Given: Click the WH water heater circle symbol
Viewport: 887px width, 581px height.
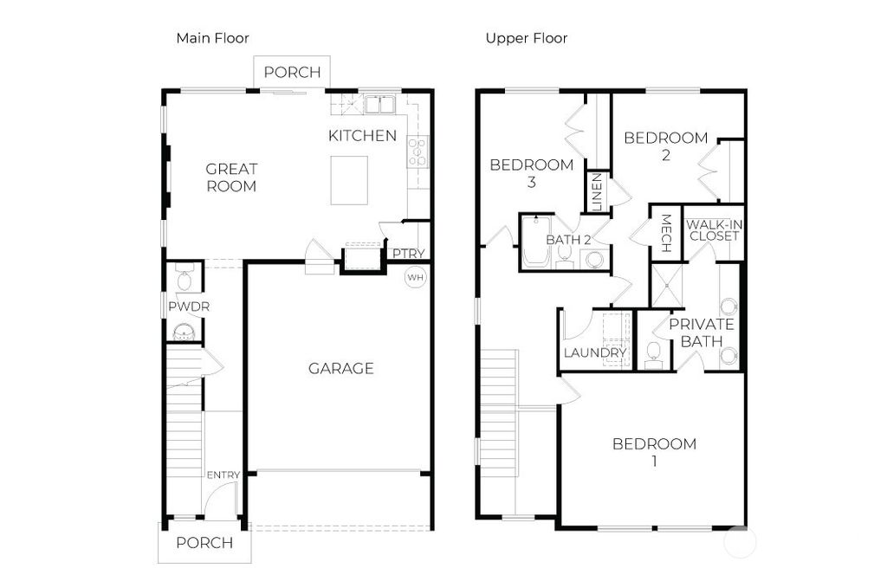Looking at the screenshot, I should pyautogui.click(x=416, y=277).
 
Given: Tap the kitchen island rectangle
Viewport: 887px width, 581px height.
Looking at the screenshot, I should pyautogui.click(x=349, y=180).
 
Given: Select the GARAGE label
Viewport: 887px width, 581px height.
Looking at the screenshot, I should pyautogui.click(x=341, y=369).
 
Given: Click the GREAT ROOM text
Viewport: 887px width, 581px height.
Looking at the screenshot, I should pyautogui.click(x=231, y=178).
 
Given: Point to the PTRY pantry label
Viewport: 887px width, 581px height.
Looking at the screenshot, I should pyautogui.click(x=408, y=254).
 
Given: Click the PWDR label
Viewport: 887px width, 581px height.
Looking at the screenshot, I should pyautogui.click(x=189, y=307).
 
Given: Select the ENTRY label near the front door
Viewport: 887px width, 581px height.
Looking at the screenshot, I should pyautogui.click(x=223, y=475).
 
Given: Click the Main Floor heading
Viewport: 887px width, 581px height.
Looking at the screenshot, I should pyautogui.click(x=212, y=38).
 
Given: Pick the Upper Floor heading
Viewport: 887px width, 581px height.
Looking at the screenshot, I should pyautogui.click(x=527, y=38).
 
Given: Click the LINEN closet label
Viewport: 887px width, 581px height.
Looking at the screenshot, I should pyautogui.click(x=597, y=194).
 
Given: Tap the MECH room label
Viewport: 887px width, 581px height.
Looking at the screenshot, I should pyautogui.click(x=666, y=233).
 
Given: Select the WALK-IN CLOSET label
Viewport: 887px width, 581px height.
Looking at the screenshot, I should pyautogui.click(x=715, y=230).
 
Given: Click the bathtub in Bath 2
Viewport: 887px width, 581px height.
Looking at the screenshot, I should pyautogui.click(x=534, y=243).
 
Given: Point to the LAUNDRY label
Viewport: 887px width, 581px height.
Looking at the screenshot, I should pyautogui.click(x=594, y=353).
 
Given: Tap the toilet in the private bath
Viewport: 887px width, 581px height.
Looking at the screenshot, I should pyautogui.click(x=653, y=352).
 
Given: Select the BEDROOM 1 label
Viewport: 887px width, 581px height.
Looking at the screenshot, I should pyautogui.click(x=654, y=452).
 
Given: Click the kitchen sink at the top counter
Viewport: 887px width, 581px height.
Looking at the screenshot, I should pyautogui.click(x=380, y=105).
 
